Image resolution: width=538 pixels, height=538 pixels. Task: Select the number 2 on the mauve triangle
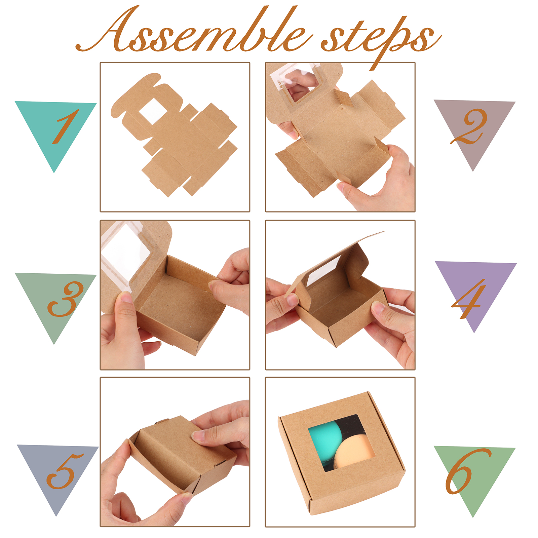click(x=468, y=126)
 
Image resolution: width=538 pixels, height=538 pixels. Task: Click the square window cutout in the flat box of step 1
click(x=152, y=111)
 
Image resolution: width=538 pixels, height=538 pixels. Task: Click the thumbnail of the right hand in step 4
click(x=378, y=307)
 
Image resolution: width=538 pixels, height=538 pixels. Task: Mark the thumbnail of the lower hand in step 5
click(x=187, y=498)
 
